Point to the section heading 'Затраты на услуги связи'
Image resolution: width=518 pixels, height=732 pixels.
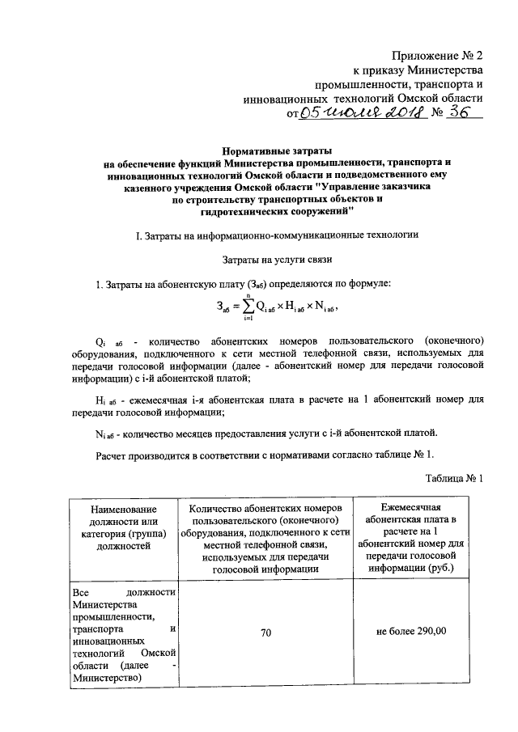(x=277, y=260)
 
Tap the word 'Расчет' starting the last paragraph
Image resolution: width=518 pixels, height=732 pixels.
(x=116, y=453)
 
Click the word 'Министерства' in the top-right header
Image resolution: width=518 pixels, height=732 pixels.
(x=446, y=70)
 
